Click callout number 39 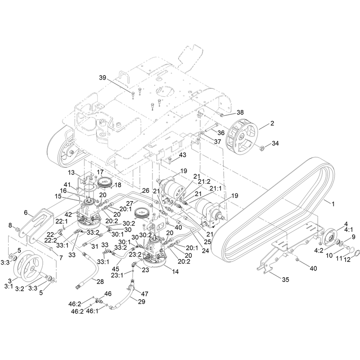103,77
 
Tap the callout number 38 240,112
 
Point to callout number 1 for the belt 333,204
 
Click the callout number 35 285,279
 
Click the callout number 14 175,272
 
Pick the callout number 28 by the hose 100,282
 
